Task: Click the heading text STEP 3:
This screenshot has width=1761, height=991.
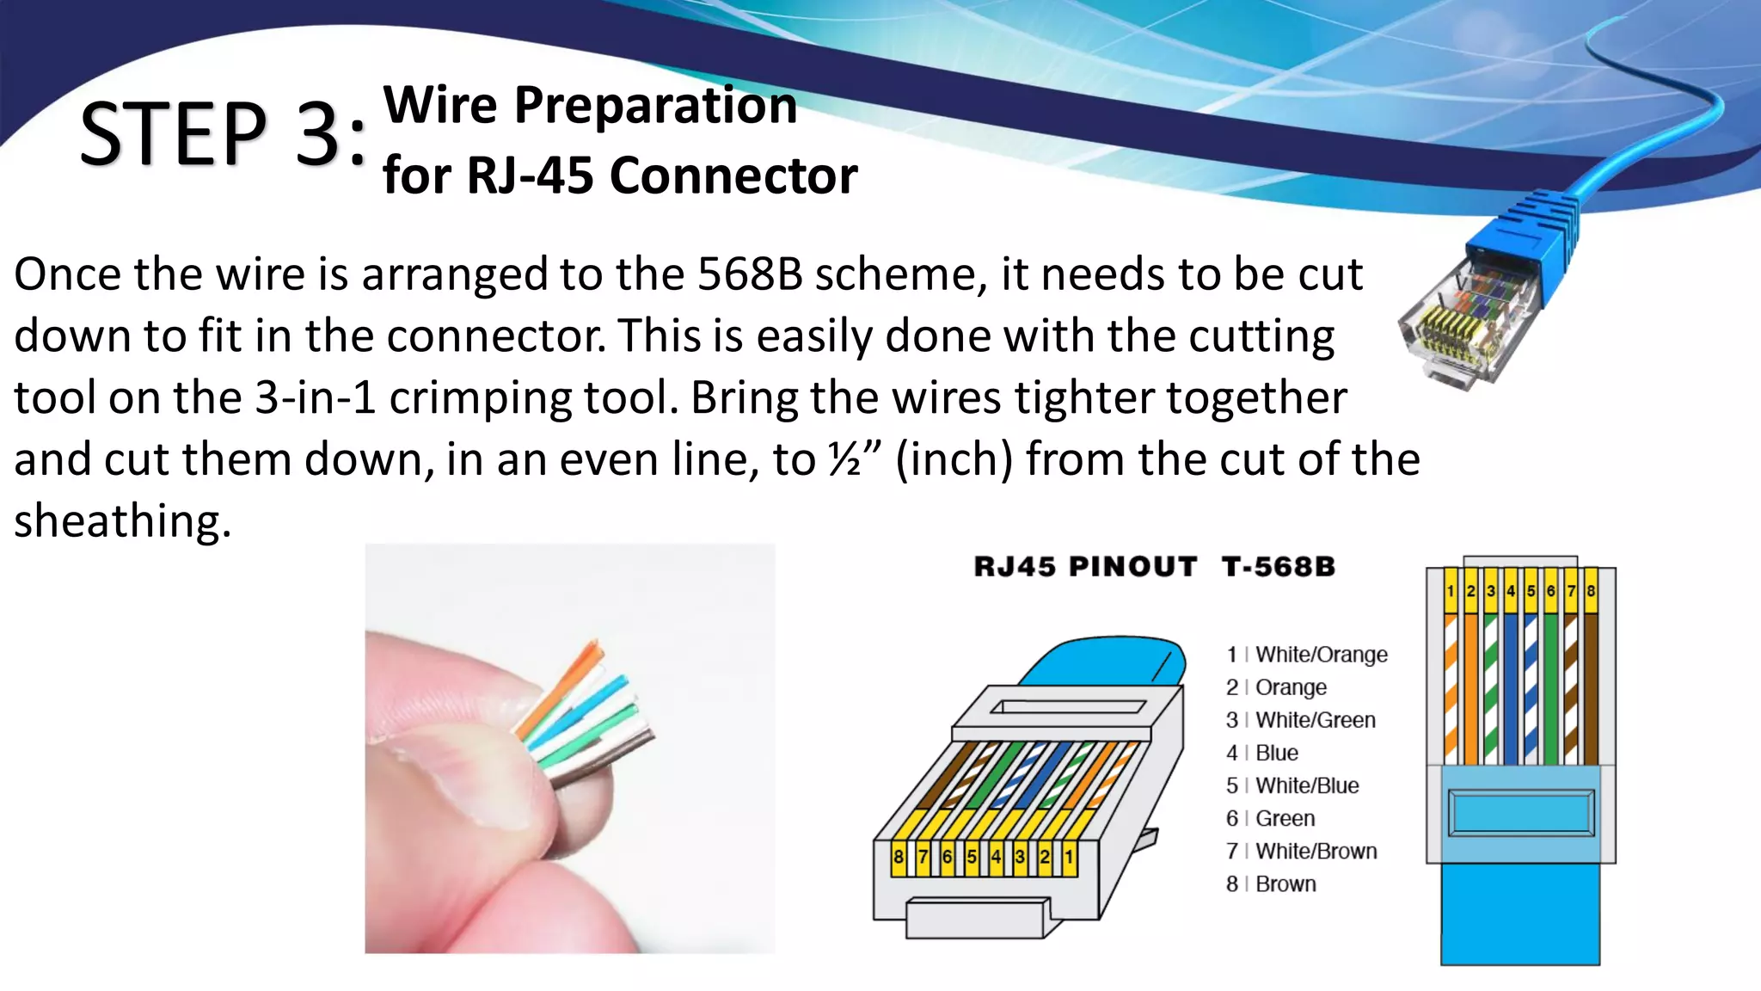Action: [x=222, y=134]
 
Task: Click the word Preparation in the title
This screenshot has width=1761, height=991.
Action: [x=656, y=105]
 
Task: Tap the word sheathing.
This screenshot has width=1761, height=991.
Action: [x=122, y=521]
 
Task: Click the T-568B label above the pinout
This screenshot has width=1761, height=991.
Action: [x=1278, y=567]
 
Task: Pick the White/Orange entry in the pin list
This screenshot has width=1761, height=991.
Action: [x=1321, y=655]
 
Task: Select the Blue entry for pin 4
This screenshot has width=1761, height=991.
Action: [x=1276, y=753]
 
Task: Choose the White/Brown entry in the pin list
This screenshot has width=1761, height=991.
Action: [x=1316, y=851]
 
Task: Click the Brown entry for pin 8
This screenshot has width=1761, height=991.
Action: [x=1285, y=883]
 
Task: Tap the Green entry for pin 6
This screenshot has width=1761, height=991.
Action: [x=1285, y=818]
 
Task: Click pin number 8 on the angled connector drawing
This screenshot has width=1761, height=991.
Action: [x=898, y=857]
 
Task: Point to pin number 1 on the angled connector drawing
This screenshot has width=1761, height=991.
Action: [x=1069, y=857]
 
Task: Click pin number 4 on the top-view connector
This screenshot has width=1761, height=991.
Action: [x=1510, y=591]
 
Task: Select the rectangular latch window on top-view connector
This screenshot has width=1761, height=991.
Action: [x=1520, y=813]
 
